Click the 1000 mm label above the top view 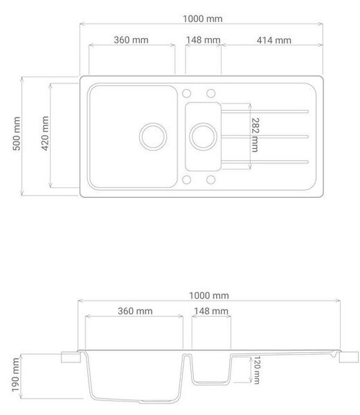click(203, 19)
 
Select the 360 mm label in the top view click(131, 40)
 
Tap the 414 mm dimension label click(274, 40)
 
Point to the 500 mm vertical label click(17, 133)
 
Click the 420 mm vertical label click(45, 133)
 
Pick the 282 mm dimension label click(255, 135)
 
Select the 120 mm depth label click(257, 370)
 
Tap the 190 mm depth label click(15, 375)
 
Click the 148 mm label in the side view click(211, 311)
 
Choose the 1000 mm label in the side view click(209, 295)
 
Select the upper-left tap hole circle click(186, 93)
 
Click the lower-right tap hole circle click(211, 180)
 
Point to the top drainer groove click(265, 111)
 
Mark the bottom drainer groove click(265, 162)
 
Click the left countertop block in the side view click(71, 358)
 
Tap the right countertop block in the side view click(349, 358)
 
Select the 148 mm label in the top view click(203, 40)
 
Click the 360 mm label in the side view click(135, 311)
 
